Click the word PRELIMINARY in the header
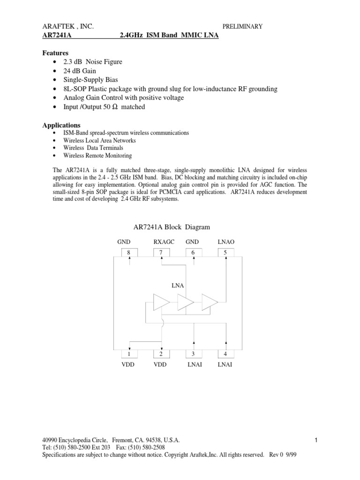click(242, 27)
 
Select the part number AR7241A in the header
click(57, 36)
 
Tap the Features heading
click(55, 53)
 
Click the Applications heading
click(61, 125)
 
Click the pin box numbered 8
click(129, 253)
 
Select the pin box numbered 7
click(161, 253)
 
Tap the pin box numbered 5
click(225, 253)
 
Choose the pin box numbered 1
click(129, 353)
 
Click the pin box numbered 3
click(193, 353)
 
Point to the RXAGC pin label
click(164, 241)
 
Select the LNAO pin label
click(226, 241)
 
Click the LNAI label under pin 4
click(225, 364)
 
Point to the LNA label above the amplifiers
click(178, 285)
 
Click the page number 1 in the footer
click(317, 440)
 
